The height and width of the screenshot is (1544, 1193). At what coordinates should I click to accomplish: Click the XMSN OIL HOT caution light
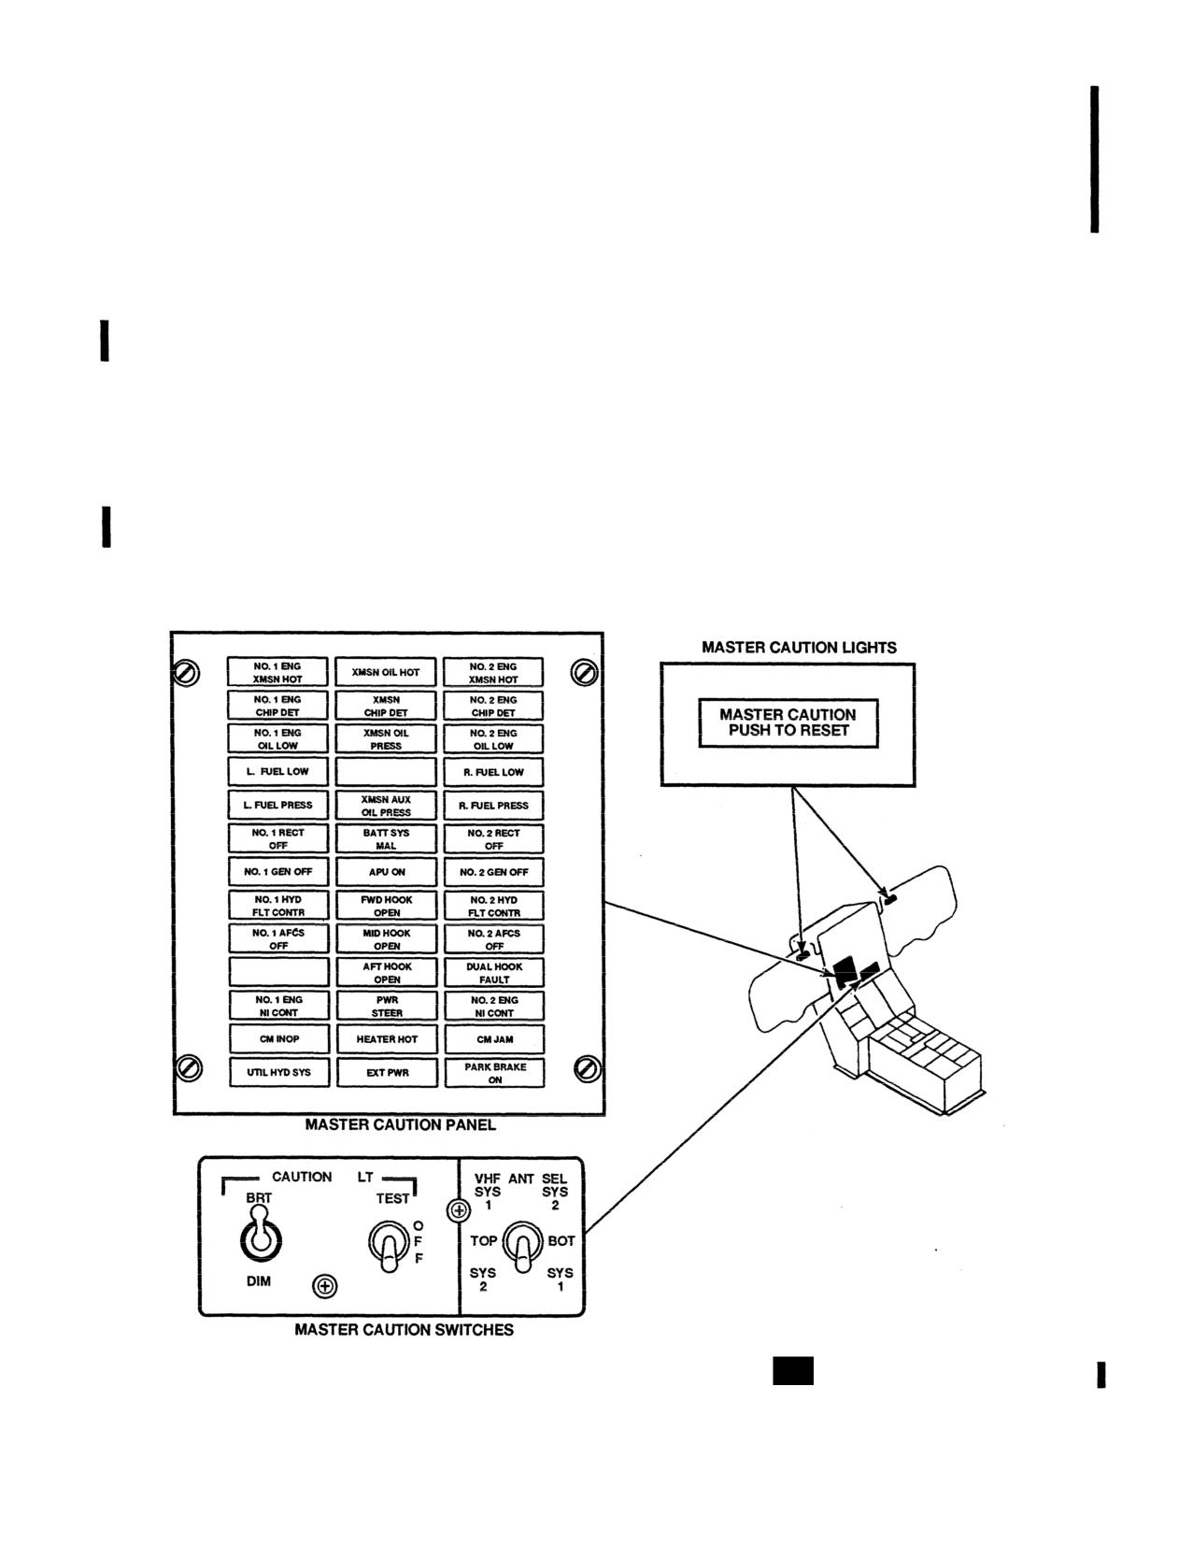click(x=386, y=671)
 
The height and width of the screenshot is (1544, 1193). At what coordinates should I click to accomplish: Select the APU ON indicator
click(x=387, y=872)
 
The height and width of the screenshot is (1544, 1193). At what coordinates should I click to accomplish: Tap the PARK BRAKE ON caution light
click(x=495, y=1073)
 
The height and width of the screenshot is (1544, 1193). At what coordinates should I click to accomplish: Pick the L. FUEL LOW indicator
click(x=277, y=772)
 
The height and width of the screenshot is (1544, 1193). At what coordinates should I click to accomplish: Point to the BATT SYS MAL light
click(x=387, y=838)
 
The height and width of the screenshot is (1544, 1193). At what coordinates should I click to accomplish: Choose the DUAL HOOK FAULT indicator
click(x=494, y=973)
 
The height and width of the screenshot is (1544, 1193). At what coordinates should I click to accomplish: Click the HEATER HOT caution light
click(x=387, y=1038)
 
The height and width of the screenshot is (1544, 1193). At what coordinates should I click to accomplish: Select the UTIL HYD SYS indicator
click(x=279, y=1072)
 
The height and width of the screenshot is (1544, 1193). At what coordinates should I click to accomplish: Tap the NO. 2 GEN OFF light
click(x=493, y=872)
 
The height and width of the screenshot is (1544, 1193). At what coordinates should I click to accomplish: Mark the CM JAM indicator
click(x=495, y=1039)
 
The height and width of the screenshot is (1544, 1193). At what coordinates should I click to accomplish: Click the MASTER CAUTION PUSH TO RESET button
click(x=788, y=723)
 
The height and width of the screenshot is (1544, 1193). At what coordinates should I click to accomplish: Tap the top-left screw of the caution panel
click(x=186, y=673)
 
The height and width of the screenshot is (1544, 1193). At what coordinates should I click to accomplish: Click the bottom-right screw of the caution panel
click(x=587, y=1069)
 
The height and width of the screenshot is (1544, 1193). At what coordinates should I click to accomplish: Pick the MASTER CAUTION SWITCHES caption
click(x=405, y=1330)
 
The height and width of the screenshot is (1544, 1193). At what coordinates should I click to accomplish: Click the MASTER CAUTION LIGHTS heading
click(x=799, y=648)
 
